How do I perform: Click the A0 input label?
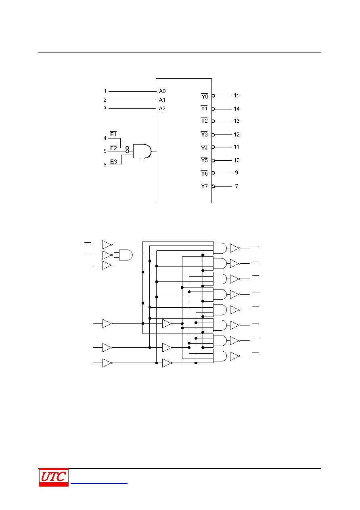(x=162, y=91)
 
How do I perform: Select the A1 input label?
(x=162, y=100)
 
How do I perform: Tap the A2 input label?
(x=162, y=108)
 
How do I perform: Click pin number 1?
(x=105, y=91)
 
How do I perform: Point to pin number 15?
(x=237, y=96)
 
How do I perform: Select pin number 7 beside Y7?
(x=237, y=186)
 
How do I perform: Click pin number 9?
(x=237, y=172)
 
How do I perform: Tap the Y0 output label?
(x=205, y=96)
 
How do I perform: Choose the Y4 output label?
(x=204, y=148)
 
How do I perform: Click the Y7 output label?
(x=204, y=186)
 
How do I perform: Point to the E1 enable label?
(x=113, y=134)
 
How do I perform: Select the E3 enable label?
(x=113, y=162)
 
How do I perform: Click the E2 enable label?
(x=113, y=148)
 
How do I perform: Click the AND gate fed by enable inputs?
(x=142, y=151)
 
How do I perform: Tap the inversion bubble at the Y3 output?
(x=213, y=135)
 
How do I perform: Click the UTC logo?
(x=54, y=477)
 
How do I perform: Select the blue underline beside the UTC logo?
(x=99, y=483)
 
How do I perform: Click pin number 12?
(x=237, y=134)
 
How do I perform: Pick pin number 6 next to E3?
(x=105, y=165)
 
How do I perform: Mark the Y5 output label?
(x=204, y=160)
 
